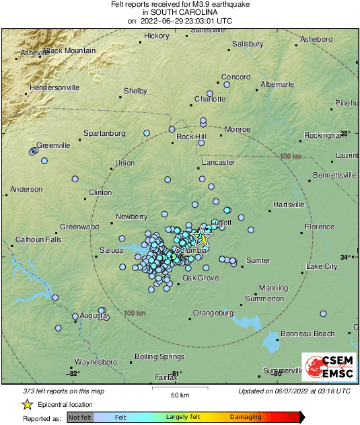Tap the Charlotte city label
(x=210, y=99)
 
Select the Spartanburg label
(x=104, y=133)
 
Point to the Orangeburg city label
(x=213, y=313)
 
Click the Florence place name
(x=319, y=227)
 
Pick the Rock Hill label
(x=190, y=137)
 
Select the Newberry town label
(x=131, y=217)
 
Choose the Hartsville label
(x=289, y=204)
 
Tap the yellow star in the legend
(x=28, y=404)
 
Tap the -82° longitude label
(x=73, y=373)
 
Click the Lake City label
(x=322, y=267)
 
